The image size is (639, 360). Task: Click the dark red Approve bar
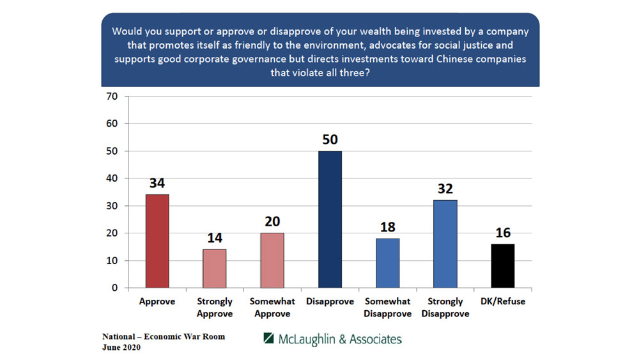157,241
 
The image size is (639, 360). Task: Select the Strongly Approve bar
215,269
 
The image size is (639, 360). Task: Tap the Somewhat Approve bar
272,260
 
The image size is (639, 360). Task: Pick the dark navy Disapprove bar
330,219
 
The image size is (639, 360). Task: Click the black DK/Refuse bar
502,265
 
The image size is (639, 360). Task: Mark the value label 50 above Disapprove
330,139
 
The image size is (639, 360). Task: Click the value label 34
157,183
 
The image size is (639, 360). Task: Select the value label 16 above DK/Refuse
502,232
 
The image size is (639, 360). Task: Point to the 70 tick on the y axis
114,97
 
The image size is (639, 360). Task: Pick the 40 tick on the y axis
114,178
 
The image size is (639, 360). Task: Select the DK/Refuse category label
502,301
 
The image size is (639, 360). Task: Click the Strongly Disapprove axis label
445,308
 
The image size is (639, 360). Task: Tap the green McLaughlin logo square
268,338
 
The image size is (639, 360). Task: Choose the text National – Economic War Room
164,336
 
